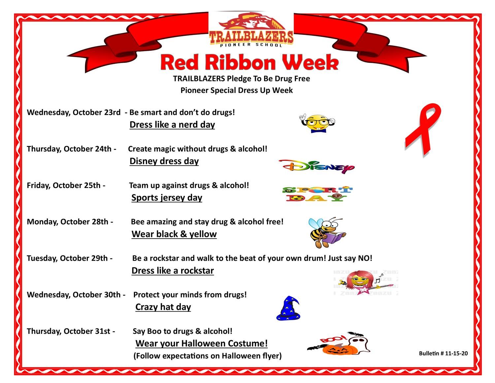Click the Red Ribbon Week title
249,62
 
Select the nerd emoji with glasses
317,123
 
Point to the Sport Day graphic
317,194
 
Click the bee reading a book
327,232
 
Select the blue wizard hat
288,308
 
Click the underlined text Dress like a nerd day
172,125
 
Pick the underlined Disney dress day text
164,161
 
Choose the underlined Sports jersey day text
167,198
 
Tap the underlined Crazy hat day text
163,307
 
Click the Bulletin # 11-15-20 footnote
443,353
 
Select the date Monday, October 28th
67,222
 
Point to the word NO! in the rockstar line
365,258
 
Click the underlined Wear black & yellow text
174,234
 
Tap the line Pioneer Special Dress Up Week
237,90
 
